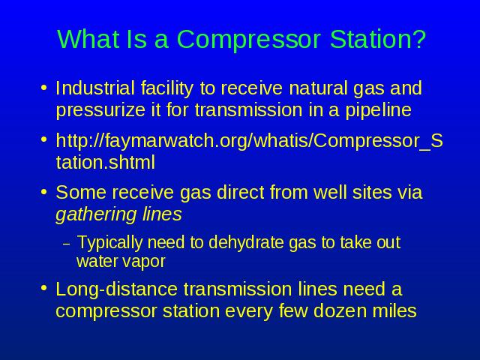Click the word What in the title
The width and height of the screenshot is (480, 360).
(88, 39)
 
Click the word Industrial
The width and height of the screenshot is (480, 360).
(95, 88)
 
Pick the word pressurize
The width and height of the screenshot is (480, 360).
(100, 111)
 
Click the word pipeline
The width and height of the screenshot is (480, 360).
(378, 111)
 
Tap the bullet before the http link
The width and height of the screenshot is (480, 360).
(44, 139)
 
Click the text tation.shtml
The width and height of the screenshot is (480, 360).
(106, 162)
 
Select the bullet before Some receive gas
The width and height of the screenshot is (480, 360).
(44, 192)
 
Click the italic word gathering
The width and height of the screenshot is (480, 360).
(96, 215)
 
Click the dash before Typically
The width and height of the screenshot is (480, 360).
(67, 244)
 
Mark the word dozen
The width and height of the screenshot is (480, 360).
(340, 311)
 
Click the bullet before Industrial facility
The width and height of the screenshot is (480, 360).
(44, 88)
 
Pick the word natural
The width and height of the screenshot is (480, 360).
(318, 88)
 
